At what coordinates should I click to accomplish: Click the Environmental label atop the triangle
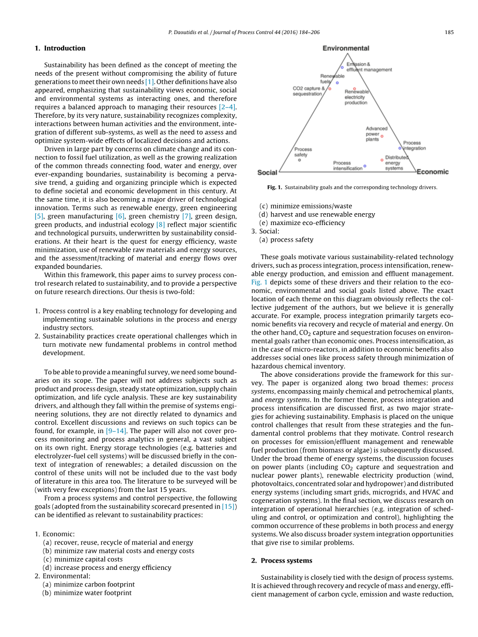(346, 48)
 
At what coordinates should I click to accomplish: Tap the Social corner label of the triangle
(267, 172)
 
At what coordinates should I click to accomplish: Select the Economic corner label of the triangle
(433, 172)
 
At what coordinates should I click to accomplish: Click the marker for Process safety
(299, 160)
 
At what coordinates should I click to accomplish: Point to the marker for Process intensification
(365, 166)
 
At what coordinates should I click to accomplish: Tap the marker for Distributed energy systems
(382, 160)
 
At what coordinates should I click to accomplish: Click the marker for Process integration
(400, 148)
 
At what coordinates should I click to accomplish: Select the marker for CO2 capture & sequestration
(330, 89)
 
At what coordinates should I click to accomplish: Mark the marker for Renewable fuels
(337, 83)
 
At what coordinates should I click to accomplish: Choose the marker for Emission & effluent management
(342, 67)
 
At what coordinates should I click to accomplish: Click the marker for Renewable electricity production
(354, 89)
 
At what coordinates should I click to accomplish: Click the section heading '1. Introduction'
(60, 48)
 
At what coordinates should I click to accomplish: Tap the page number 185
(449, 32)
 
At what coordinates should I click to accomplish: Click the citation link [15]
(229, 506)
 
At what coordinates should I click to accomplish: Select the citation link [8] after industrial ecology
(160, 225)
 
